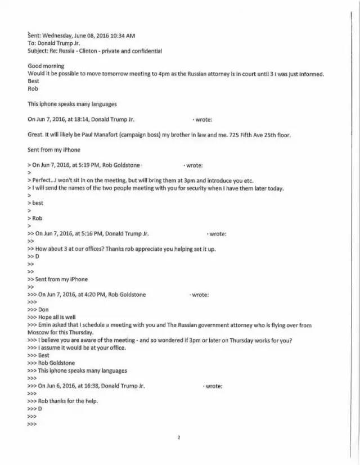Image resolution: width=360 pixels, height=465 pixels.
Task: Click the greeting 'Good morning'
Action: point(46,66)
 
